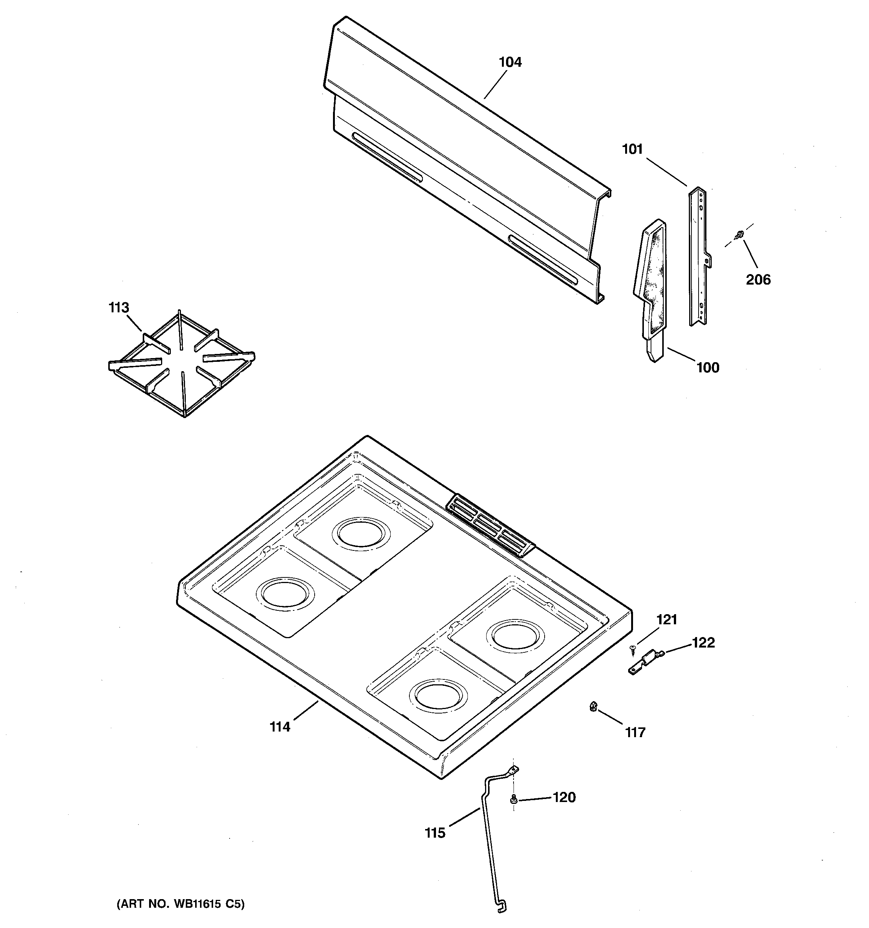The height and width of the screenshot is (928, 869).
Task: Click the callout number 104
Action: coord(510,62)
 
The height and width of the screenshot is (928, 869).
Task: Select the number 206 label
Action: coord(758,280)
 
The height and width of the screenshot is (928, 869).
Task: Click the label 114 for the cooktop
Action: coord(280,727)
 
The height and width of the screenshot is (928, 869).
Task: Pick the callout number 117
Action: coord(635,732)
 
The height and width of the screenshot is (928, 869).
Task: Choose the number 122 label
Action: coord(703,643)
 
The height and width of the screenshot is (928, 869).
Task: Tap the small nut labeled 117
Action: coord(593,707)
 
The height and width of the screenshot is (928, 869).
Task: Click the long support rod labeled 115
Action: coord(487,840)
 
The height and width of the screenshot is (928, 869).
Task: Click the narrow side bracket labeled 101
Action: coord(698,257)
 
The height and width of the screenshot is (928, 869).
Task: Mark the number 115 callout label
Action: coord(435,833)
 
